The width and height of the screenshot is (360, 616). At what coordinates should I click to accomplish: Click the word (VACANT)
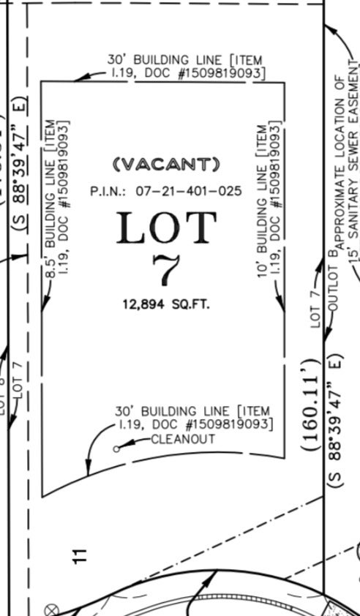click(166, 163)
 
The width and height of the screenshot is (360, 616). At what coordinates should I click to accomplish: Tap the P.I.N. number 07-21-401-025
click(166, 191)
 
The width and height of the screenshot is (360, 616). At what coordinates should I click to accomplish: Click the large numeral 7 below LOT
click(166, 271)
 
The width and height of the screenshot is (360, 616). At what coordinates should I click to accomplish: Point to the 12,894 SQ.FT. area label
click(166, 303)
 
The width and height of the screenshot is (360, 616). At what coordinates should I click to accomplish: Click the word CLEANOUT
click(183, 439)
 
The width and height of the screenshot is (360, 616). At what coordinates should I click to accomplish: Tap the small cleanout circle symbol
click(116, 448)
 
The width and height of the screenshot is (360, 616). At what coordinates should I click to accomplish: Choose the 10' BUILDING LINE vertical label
click(269, 199)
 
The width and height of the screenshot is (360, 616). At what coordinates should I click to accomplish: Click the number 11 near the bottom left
click(81, 554)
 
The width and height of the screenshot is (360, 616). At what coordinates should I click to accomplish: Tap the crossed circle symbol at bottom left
click(51, 609)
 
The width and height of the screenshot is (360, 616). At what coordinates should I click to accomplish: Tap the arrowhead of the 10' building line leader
click(283, 309)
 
